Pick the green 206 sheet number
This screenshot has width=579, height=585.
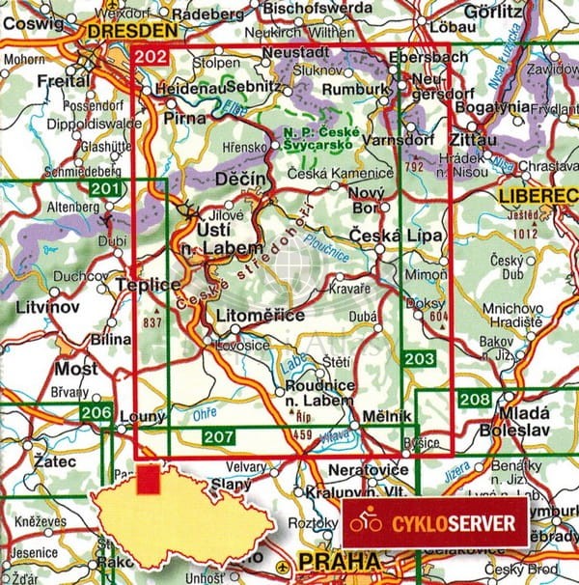coord(96,413)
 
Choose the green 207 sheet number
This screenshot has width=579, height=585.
coord(219,437)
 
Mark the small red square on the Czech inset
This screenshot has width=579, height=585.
coord(149,480)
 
